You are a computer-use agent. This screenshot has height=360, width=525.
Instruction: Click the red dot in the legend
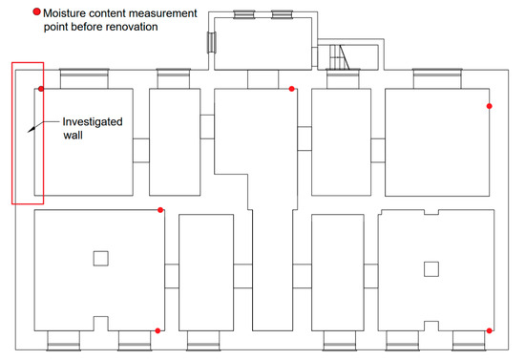[36, 11]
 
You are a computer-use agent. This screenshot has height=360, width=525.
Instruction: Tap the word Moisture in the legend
[64, 13]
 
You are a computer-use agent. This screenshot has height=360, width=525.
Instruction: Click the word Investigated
[93, 122]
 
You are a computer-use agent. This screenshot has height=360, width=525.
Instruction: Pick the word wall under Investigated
[73, 136]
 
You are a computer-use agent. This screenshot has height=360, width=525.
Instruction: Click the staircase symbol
[340, 57]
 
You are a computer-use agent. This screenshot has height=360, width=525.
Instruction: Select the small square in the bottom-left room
[101, 259]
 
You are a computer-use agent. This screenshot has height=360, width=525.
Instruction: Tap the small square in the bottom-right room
[431, 269]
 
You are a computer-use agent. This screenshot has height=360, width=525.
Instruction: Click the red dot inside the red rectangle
[41, 89]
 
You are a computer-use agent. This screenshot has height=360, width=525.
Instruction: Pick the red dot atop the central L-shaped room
[292, 89]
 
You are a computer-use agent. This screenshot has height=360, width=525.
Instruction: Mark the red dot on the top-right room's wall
[489, 106]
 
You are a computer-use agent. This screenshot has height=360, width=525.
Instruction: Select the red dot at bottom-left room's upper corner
[160, 210]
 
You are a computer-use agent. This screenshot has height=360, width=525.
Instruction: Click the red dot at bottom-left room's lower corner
[157, 330]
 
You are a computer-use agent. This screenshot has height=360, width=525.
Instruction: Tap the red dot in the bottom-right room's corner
[489, 330]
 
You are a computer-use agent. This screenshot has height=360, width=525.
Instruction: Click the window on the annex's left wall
[212, 42]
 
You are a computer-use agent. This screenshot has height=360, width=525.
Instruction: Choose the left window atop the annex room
[244, 14]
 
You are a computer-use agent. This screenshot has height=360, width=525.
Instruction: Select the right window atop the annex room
[282, 14]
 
